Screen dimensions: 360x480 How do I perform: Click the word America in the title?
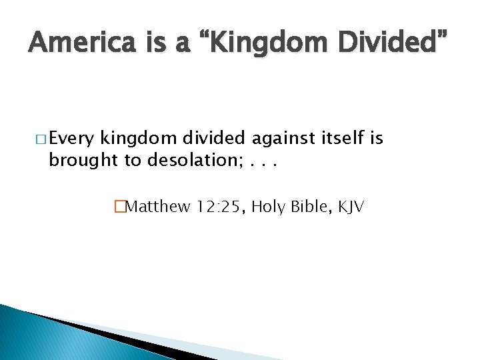[x=74, y=44]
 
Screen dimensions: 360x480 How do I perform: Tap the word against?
[x=281, y=138]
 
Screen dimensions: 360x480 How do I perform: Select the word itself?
[x=341, y=138]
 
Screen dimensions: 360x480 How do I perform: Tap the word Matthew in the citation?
[x=158, y=207]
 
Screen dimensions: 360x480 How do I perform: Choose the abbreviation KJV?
[x=351, y=207]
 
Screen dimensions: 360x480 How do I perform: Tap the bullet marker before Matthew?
[x=120, y=207]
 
